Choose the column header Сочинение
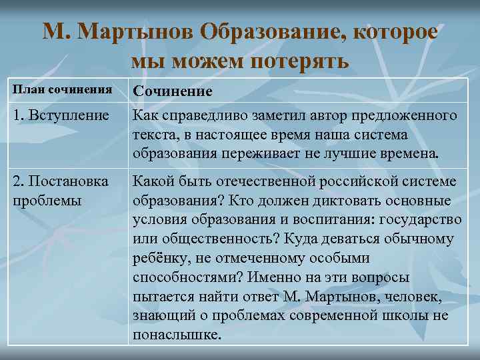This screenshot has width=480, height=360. (173, 90)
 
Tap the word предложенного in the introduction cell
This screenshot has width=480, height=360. (407, 116)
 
